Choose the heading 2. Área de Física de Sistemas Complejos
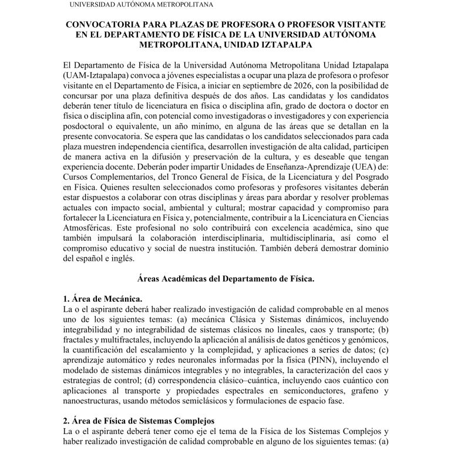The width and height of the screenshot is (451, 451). coord(139,421)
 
